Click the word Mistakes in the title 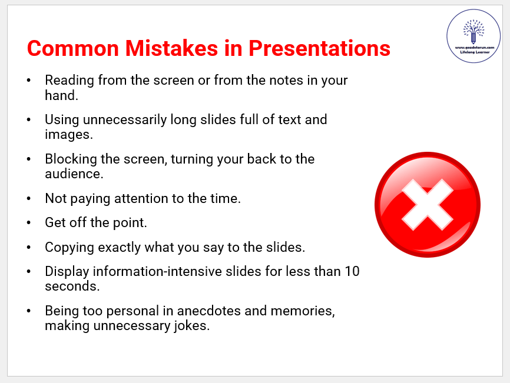(x=171, y=48)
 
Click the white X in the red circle (x=428, y=205)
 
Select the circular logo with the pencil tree (x=473, y=36)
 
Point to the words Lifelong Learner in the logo (x=475, y=52)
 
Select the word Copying (x=69, y=248)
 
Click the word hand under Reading (x=61, y=95)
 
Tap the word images (x=69, y=135)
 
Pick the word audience (x=74, y=174)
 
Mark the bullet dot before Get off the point (x=29, y=222)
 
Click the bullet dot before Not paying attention (x=29, y=198)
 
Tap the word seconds (x=72, y=286)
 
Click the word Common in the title (x=73, y=48)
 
